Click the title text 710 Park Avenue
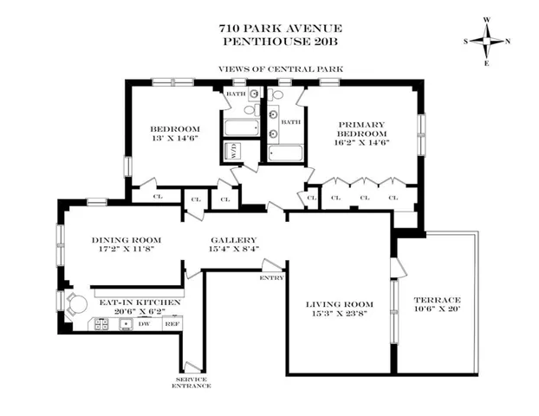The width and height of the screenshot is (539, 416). [269, 28]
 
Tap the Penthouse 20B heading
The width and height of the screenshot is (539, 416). [269, 40]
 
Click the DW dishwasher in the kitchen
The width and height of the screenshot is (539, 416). [145, 324]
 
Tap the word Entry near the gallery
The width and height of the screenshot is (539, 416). [271, 278]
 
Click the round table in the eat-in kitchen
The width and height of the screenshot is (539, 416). [78, 304]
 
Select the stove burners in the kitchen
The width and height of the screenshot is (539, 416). [101, 324]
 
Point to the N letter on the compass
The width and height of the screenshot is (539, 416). [508, 41]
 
